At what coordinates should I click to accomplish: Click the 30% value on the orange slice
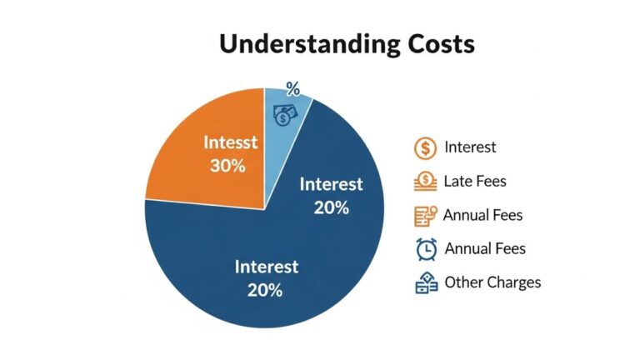[x=227, y=165]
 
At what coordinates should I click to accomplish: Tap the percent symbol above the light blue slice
[x=292, y=88]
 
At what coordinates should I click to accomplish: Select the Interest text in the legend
[x=470, y=147]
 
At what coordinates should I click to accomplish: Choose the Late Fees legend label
[x=475, y=181]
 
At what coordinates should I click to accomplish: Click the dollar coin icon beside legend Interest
[x=425, y=148]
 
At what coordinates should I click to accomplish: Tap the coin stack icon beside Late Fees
[x=425, y=181]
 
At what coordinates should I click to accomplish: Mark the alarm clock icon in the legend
[x=426, y=248]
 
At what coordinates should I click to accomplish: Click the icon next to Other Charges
[x=426, y=282]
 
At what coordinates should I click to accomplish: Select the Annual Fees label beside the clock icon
[x=485, y=248]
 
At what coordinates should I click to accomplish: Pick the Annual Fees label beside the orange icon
[x=482, y=215]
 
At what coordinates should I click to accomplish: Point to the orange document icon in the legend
[x=425, y=215]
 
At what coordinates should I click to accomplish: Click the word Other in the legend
[x=462, y=282]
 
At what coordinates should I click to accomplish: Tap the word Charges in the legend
[x=513, y=282]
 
